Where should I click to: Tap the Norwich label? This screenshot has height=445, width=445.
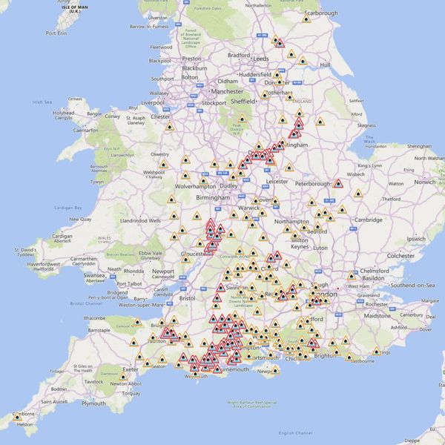pyautogui.click(x=425, y=182)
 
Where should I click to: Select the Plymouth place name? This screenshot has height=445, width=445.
pyautogui.click(x=93, y=403)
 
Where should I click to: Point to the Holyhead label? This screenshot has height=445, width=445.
pyautogui.click(x=63, y=113)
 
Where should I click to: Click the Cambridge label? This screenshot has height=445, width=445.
pyautogui.click(x=369, y=220)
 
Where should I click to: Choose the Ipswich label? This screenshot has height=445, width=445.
pyautogui.click(x=415, y=240)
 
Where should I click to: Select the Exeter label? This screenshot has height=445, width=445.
pyautogui.click(x=131, y=369)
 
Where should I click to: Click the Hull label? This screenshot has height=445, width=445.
pyautogui.click(x=325, y=65)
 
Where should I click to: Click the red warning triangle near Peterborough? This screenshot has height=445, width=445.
pyautogui.click(x=337, y=183)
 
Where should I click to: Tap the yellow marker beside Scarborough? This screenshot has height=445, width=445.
pyautogui.click(x=306, y=19)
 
